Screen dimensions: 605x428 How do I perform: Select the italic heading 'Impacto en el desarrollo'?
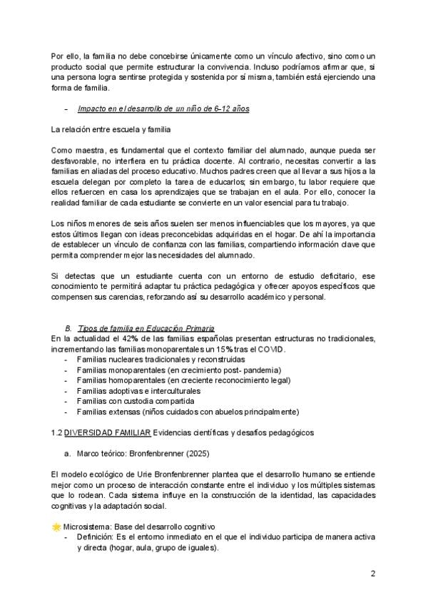pos(163,108)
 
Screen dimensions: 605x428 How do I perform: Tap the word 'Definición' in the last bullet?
pos(96,537)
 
